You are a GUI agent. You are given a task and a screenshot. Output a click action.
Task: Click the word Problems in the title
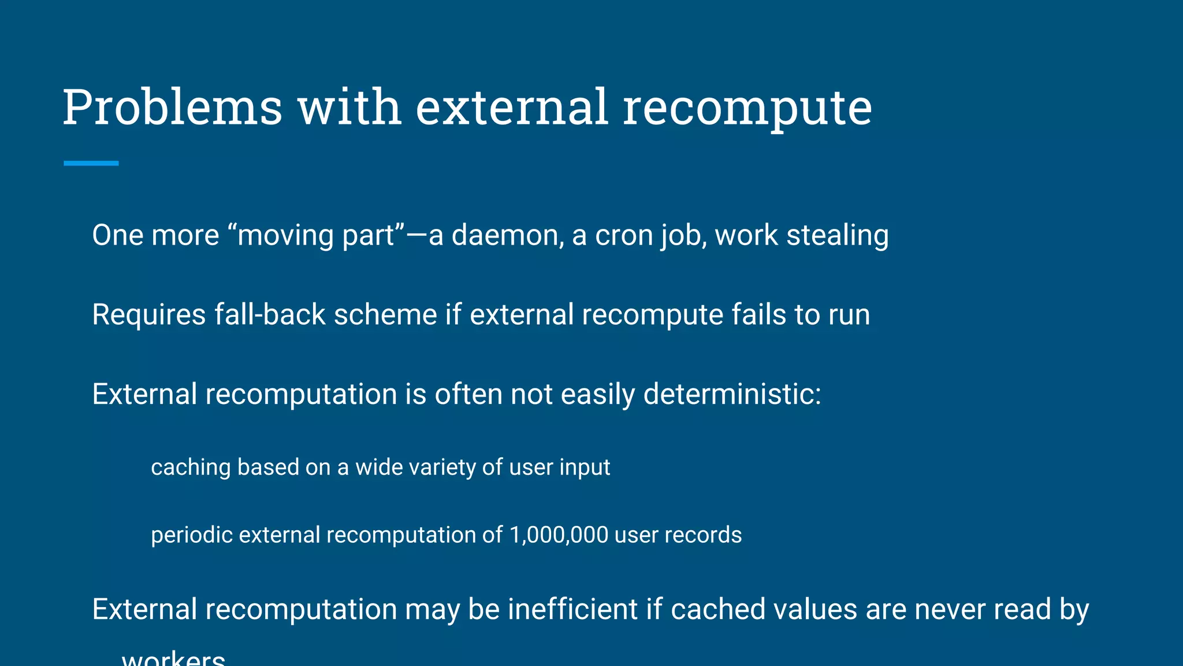tap(172, 108)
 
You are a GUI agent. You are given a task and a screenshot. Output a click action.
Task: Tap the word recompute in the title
tap(747, 108)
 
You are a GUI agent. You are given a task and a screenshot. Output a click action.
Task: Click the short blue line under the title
tap(91, 164)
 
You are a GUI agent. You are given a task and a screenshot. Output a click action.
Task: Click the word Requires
tap(149, 314)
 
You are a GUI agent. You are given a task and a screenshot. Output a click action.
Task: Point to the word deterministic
tap(732, 394)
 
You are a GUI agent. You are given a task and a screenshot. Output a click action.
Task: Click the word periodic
tap(192, 535)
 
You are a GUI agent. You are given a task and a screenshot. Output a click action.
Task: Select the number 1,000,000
tap(559, 535)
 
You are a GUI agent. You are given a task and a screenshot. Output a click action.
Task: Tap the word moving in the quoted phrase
tap(285, 235)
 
